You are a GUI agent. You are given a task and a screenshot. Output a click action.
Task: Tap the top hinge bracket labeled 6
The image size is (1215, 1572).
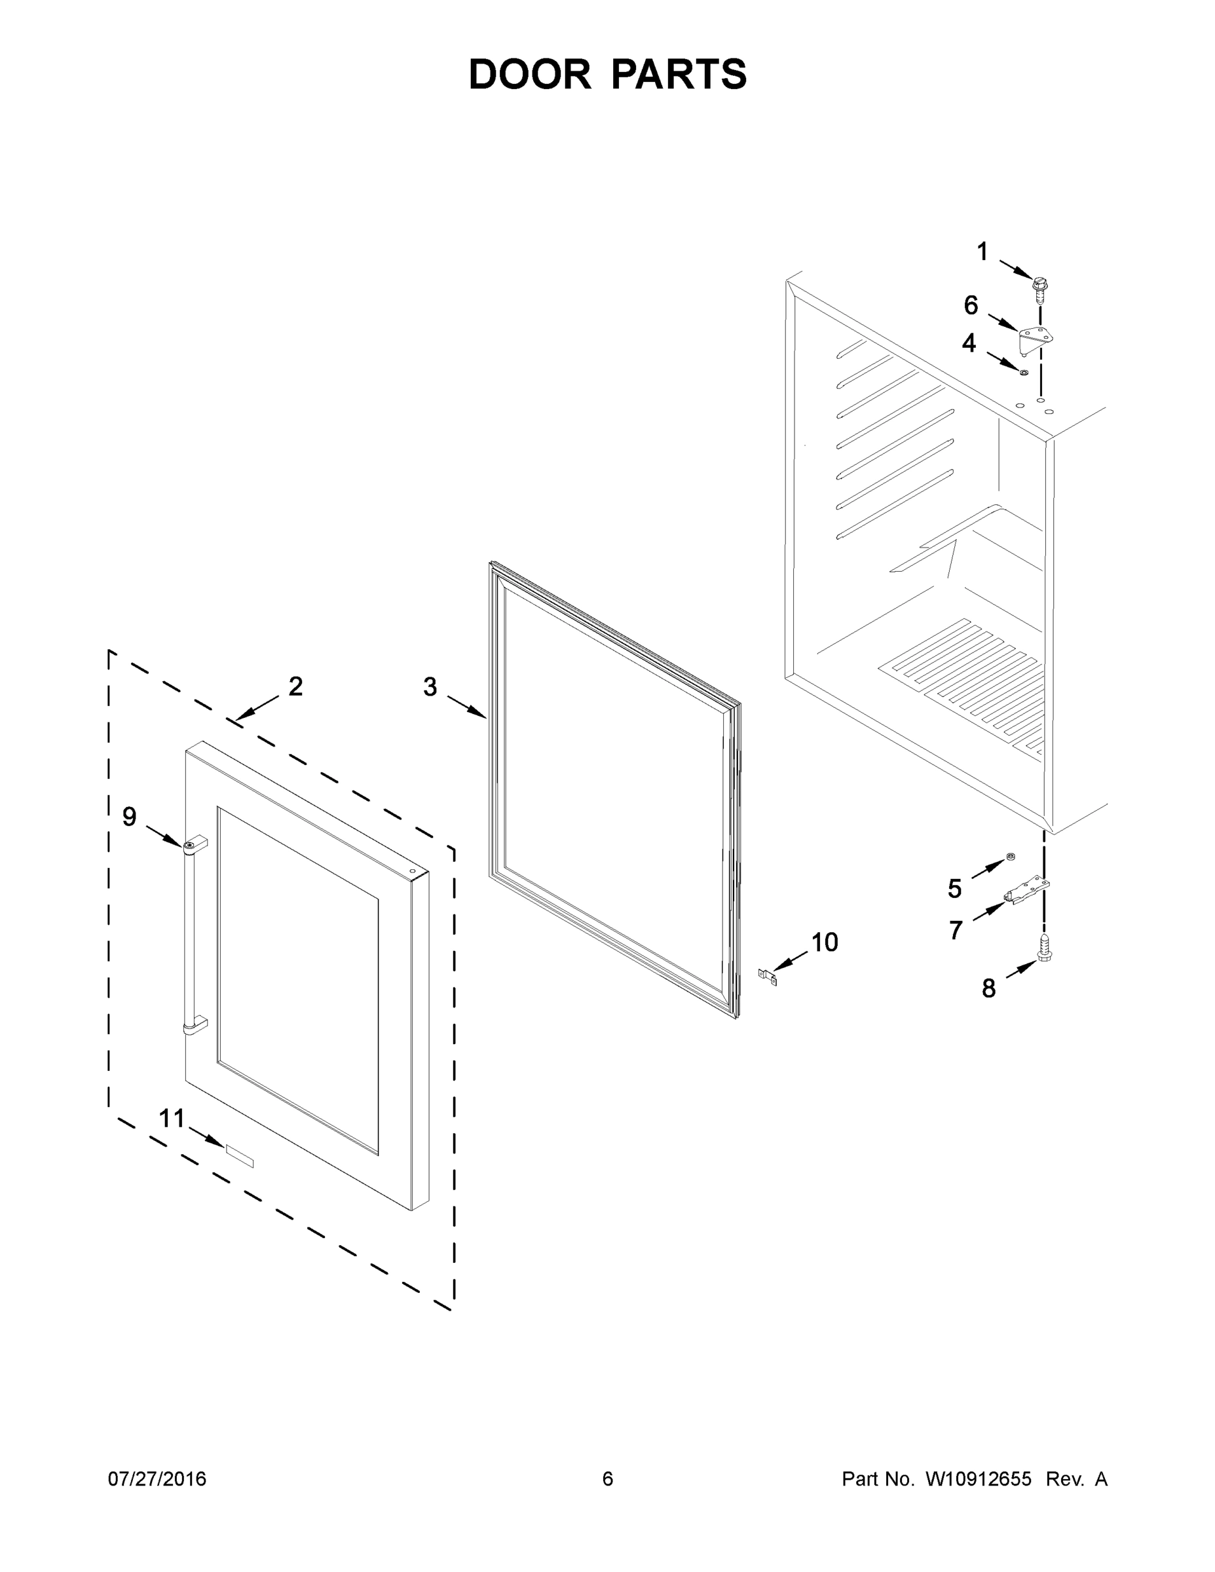click(x=1034, y=337)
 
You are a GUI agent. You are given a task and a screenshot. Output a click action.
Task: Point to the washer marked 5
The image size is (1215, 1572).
click(x=1011, y=856)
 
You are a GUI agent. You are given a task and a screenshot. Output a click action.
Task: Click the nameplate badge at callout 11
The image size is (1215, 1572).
click(x=240, y=1152)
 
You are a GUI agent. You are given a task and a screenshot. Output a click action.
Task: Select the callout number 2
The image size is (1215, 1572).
click(x=295, y=686)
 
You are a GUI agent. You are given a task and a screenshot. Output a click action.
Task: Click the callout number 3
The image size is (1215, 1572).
click(x=430, y=686)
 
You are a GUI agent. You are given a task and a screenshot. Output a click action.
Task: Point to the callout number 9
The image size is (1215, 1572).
click(x=130, y=816)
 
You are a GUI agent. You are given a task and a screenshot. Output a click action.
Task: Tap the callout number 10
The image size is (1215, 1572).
click(x=824, y=941)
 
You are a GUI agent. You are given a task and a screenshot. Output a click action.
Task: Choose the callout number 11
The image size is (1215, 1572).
click(x=172, y=1118)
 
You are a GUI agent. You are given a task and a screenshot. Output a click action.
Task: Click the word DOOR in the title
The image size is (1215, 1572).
click(x=530, y=74)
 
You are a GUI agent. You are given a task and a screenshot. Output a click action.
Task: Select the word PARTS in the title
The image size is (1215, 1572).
click(x=679, y=74)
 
